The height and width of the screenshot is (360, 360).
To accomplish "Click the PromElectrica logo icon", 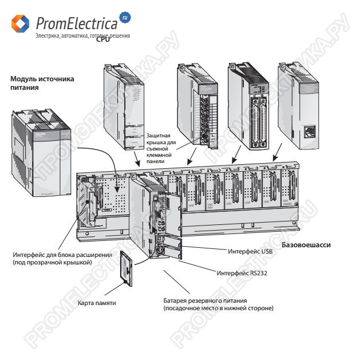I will pyautogui.click(x=20, y=23).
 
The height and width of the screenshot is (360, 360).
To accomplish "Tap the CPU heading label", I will pyautogui.click(x=103, y=39).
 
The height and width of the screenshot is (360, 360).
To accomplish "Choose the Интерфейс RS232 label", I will pyautogui.click(x=242, y=273).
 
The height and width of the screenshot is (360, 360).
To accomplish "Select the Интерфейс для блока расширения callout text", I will pyautogui.click(x=62, y=258).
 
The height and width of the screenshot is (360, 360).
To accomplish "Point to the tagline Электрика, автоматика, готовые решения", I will pyautogui.click(x=82, y=35).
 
